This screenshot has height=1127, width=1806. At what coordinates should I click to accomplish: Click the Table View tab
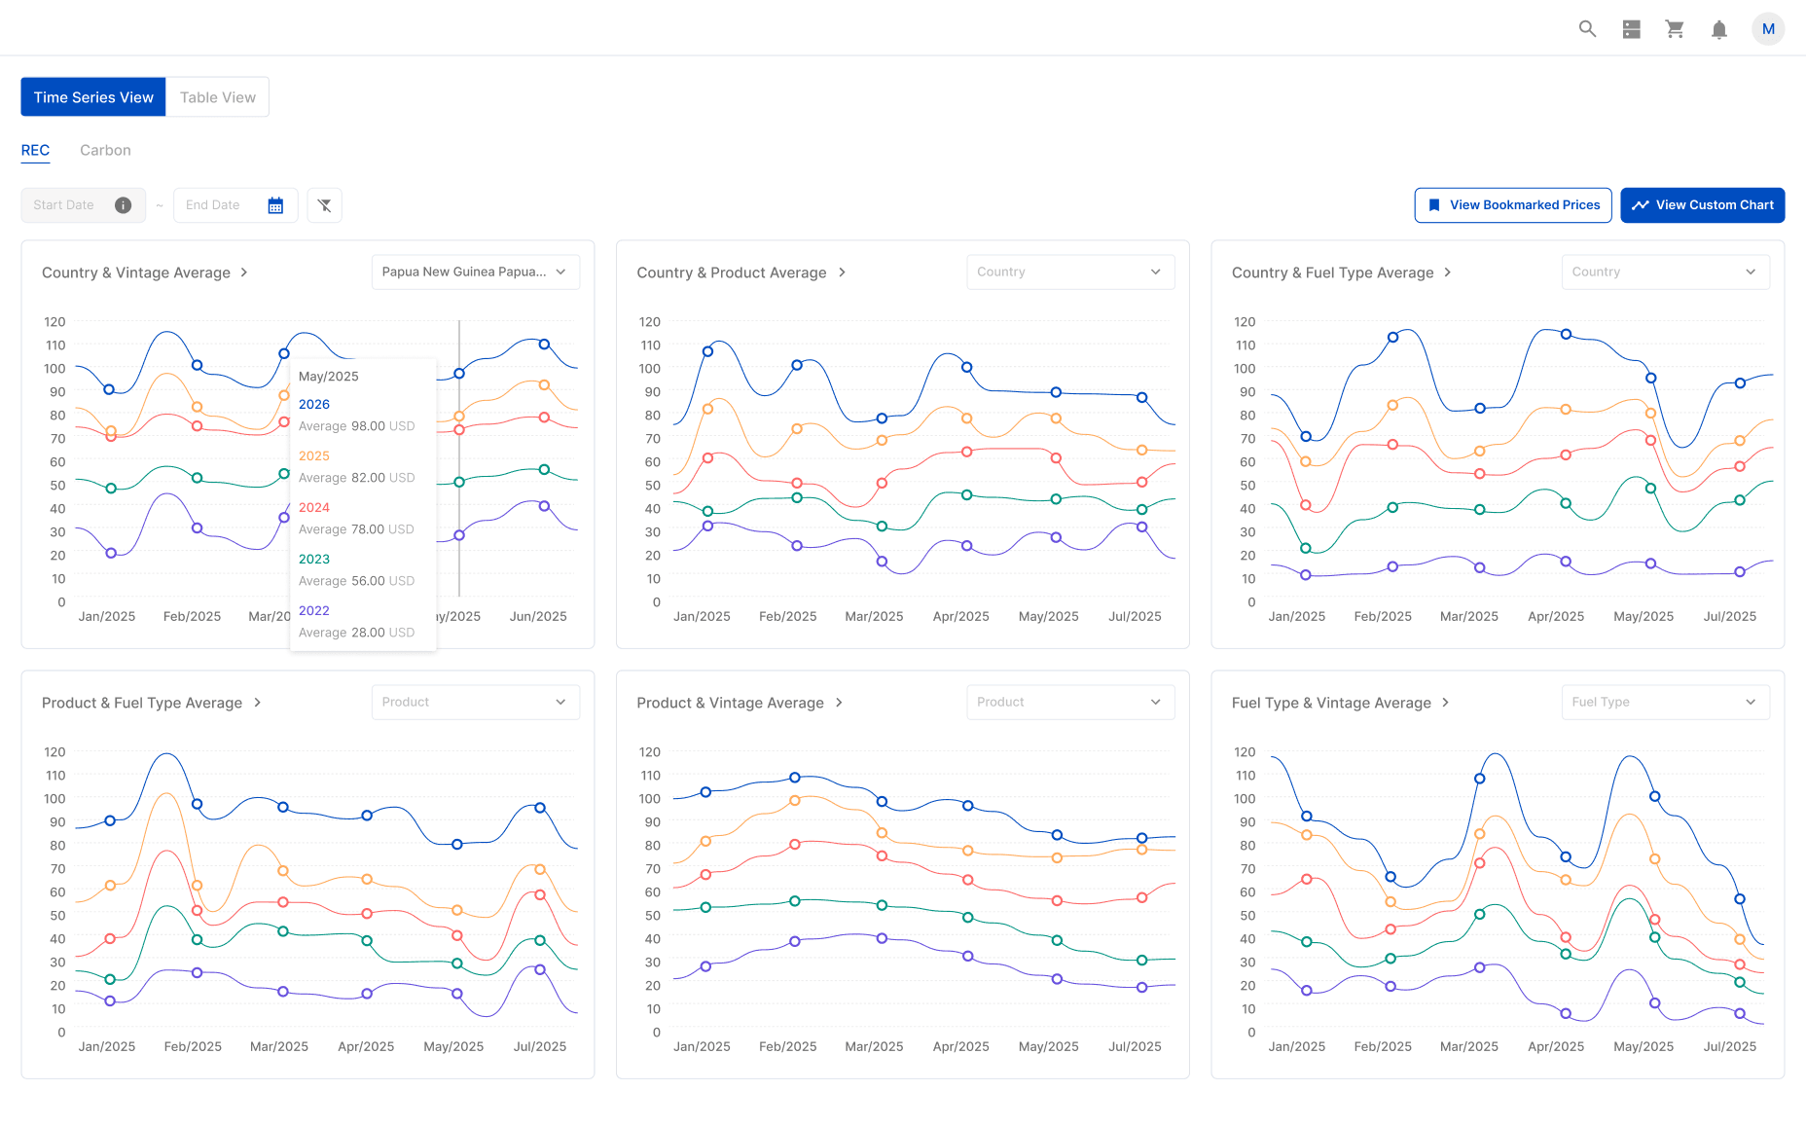click(217, 97)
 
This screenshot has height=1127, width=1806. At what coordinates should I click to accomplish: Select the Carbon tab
click(105, 150)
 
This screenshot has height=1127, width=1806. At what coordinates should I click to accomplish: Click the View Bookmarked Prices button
click(1512, 205)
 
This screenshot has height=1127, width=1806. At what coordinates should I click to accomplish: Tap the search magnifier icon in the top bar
click(1587, 29)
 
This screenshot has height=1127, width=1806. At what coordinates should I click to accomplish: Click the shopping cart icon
click(1675, 29)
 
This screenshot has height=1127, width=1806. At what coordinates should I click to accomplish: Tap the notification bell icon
click(1718, 29)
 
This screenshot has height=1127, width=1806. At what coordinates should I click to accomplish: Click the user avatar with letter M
click(1768, 29)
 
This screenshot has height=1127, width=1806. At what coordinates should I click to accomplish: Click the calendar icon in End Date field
click(275, 205)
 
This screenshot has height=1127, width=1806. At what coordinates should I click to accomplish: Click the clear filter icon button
click(324, 205)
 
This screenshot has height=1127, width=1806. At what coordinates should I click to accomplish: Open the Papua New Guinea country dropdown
click(475, 273)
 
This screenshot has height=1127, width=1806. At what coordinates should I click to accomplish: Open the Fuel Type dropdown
click(1664, 703)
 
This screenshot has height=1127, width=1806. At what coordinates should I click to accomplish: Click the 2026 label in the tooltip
click(313, 404)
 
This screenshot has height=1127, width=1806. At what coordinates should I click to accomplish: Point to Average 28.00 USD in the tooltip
click(356, 633)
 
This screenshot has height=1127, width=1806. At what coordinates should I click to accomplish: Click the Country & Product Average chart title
click(732, 273)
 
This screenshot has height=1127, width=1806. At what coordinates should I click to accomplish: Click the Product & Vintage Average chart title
click(730, 703)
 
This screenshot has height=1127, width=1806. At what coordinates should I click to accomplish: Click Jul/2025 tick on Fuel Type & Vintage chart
click(1729, 1046)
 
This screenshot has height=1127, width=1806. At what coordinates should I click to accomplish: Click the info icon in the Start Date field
click(123, 205)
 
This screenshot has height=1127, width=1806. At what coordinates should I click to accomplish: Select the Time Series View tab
click(93, 97)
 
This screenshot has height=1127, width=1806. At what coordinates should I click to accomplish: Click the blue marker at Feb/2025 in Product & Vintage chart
click(795, 778)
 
